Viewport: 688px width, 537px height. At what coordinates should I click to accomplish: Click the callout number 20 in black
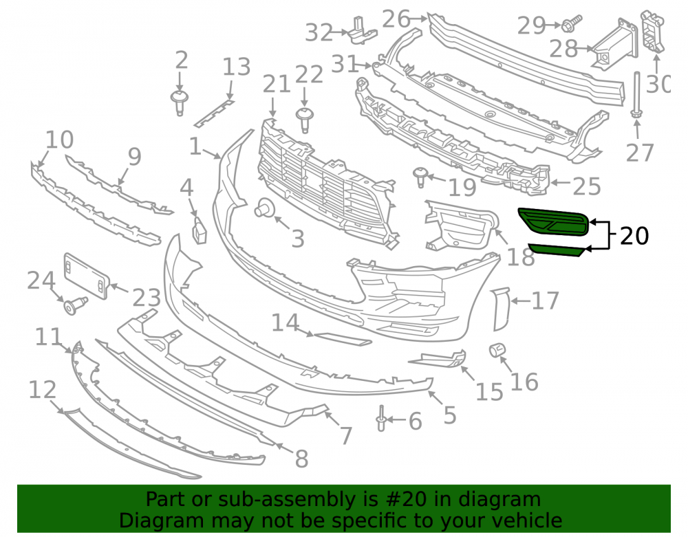pyautogui.click(x=634, y=236)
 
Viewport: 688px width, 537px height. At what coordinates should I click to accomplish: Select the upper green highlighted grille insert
pyautogui.click(x=554, y=222)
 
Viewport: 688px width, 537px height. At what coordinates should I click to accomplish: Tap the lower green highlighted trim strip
pyautogui.click(x=557, y=250)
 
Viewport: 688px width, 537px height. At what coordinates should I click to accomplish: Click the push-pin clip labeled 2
pyautogui.click(x=179, y=103)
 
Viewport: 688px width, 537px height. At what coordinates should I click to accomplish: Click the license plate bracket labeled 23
pyautogui.click(x=87, y=276)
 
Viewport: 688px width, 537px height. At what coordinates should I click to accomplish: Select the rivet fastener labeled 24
pyautogui.click(x=76, y=305)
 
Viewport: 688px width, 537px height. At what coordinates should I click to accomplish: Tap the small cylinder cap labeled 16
pyautogui.click(x=497, y=350)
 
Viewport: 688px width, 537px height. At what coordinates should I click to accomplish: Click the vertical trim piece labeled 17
pyautogui.click(x=501, y=309)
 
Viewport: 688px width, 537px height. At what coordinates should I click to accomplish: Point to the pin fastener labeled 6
pyautogui.click(x=381, y=418)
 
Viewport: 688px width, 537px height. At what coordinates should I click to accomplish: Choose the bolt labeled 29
pyautogui.click(x=572, y=23)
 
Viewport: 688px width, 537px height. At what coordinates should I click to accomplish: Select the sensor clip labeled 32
pyautogui.click(x=363, y=31)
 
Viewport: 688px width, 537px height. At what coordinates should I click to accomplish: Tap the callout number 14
pyautogui.click(x=286, y=322)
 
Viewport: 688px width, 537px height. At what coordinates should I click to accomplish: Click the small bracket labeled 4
pyautogui.click(x=200, y=230)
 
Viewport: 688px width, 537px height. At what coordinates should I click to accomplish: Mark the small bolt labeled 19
pyautogui.click(x=420, y=176)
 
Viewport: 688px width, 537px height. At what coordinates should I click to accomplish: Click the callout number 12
pyautogui.click(x=42, y=390)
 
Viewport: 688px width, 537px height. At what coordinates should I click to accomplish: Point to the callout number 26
pyautogui.click(x=396, y=19)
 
